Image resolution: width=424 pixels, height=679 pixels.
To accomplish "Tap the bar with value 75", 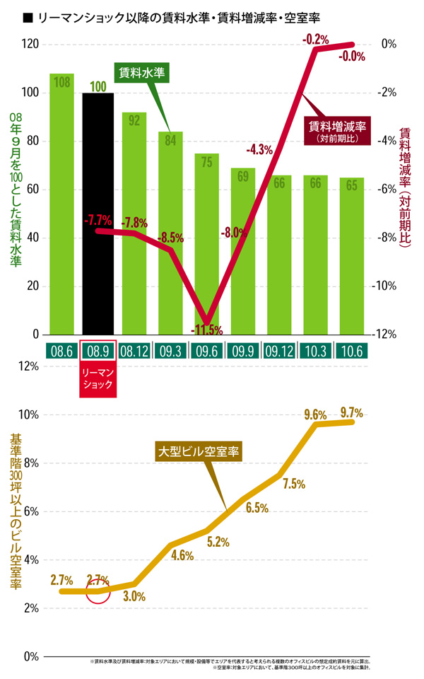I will point(206,212).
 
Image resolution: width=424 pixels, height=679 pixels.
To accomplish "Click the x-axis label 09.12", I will point(278,350).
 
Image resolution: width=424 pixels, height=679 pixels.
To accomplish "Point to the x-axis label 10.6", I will point(351,350).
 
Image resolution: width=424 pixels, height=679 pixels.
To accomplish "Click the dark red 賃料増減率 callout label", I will point(338,131).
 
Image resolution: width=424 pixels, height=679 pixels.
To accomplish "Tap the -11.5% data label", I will point(206,330).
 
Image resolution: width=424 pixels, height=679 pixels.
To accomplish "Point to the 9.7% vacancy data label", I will point(351,412).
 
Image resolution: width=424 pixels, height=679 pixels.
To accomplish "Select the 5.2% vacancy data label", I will point(218,542).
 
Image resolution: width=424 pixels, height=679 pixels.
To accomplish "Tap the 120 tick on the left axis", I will point(30,44).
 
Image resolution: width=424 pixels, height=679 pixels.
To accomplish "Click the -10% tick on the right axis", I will point(389,286).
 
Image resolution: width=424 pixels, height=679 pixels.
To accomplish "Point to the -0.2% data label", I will point(316,40).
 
